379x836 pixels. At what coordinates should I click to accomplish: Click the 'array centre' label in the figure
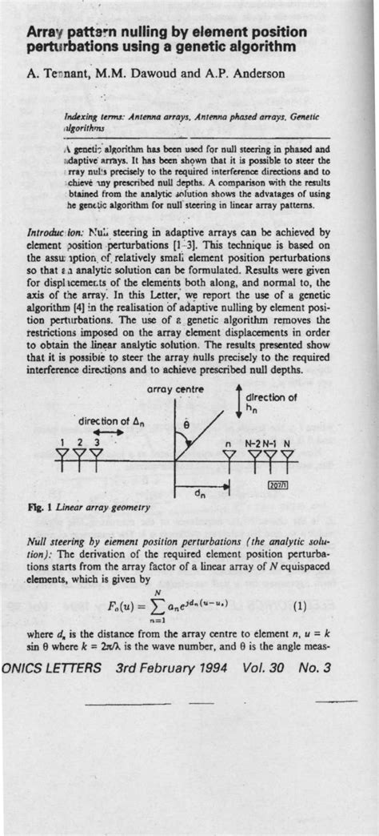coord(176,389)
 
